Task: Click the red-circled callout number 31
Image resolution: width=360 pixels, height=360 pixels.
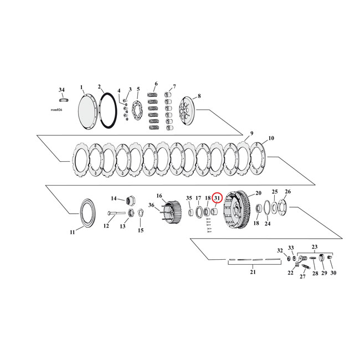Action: click(217, 198)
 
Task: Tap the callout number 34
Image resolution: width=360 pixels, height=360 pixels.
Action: click(61, 89)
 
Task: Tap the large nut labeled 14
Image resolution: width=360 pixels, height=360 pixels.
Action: click(133, 200)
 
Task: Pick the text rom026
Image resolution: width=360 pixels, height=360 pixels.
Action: click(59, 110)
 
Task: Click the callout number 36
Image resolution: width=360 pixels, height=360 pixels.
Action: click(151, 205)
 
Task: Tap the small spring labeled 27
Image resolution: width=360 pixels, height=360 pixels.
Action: click(305, 268)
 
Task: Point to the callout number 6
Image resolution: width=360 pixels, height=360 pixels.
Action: click(156, 84)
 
